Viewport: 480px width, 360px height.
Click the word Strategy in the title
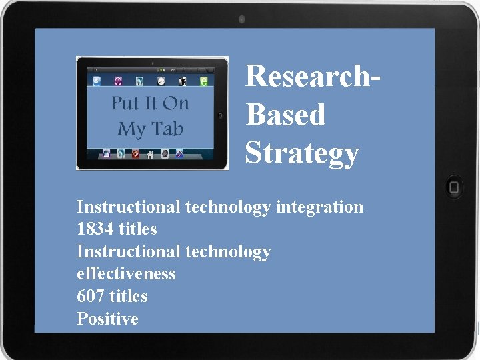[x=302, y=153]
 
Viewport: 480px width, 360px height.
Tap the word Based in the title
[x=285, y=115]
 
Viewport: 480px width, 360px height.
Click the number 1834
[x=95, y=229]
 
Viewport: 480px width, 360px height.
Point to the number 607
[x=91, y=296]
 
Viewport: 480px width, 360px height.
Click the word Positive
[x=107, y=319]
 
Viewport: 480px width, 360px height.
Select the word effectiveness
[x=126, y=274]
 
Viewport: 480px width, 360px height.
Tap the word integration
[x=319, y=207]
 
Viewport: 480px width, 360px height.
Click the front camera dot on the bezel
[x=241, y=19]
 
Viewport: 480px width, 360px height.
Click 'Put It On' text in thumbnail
[x=150, y=103]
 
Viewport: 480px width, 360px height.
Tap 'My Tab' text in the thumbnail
[x=150, y=129]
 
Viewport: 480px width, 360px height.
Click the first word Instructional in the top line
[x=128, y=207]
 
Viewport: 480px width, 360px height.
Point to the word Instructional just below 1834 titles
[x=128, y=251]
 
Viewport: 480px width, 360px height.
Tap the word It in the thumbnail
[x=151, y=103]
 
